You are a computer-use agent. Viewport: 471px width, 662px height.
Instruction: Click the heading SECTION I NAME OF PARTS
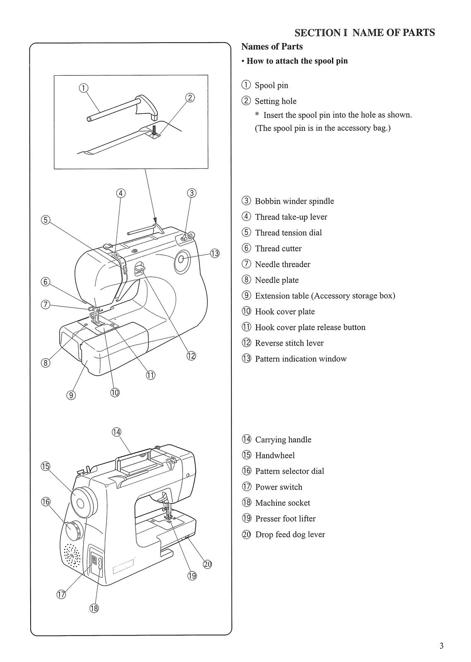click(364, 33)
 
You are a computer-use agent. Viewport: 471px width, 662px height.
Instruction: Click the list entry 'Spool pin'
click(271, 86)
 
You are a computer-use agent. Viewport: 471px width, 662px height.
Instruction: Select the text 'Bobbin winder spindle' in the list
click(294, 201)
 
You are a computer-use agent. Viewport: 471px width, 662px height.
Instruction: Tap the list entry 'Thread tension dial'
click(288, 233)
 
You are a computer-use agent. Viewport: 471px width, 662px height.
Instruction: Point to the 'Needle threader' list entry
click(282, 264)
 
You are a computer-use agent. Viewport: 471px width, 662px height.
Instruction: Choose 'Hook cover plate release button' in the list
click(310, 328)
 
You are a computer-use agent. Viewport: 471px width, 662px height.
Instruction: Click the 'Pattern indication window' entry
click(300, 359)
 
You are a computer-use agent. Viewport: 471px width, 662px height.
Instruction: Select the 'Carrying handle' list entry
click(283, 440)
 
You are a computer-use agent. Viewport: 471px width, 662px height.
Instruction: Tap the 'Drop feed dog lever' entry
click(290, 535)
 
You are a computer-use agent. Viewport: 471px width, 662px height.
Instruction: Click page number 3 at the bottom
click(441, 646)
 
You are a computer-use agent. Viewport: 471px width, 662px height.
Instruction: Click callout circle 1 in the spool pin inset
click(83, 88)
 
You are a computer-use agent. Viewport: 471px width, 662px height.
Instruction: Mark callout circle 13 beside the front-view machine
click(215, 254)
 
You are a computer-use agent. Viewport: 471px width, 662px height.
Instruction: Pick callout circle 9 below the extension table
click(71, 396)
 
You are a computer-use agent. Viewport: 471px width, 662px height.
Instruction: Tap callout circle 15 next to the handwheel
click(45, 466)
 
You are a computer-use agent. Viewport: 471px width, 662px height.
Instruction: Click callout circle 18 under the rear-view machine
click(94, 608)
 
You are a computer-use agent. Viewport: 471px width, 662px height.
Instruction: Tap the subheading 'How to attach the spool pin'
click(297, 61)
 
